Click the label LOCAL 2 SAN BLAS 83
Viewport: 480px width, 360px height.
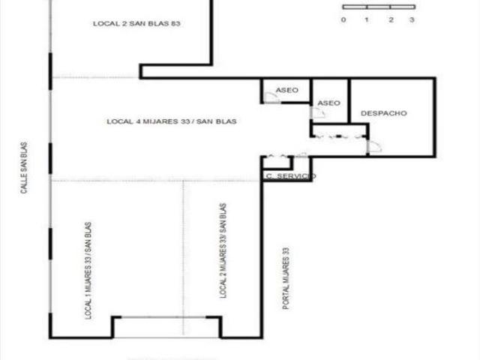pos(136,23)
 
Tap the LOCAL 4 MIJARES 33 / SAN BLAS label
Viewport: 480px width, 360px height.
pos(172,121)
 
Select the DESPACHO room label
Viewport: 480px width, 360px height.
pos(384,113)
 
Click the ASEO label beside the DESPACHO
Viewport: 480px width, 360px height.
pos(328,103)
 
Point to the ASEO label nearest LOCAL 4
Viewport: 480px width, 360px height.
pos(286,90)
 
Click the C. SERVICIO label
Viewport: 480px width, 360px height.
pos(291,176)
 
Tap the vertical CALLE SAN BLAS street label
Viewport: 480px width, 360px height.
pos(24,167)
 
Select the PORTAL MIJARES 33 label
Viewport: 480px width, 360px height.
pos(286,278)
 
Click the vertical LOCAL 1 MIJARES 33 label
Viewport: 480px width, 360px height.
pos(88,271)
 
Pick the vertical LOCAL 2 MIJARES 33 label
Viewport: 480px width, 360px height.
pos(223,250)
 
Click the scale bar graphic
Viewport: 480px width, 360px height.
pos(379,7)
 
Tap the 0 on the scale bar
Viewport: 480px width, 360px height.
pos(343,20)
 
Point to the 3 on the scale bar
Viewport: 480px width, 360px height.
pos(412,20)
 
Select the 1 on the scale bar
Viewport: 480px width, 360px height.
pos(367,20)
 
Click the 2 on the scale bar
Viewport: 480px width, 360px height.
pos(391,20)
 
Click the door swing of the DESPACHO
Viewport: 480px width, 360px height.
pos(374,146)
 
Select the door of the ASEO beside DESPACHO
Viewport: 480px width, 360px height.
pos(317,112)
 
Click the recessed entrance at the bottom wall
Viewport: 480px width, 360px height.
pos(166,327)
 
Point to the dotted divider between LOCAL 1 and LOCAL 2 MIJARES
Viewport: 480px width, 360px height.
pos(183,258)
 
